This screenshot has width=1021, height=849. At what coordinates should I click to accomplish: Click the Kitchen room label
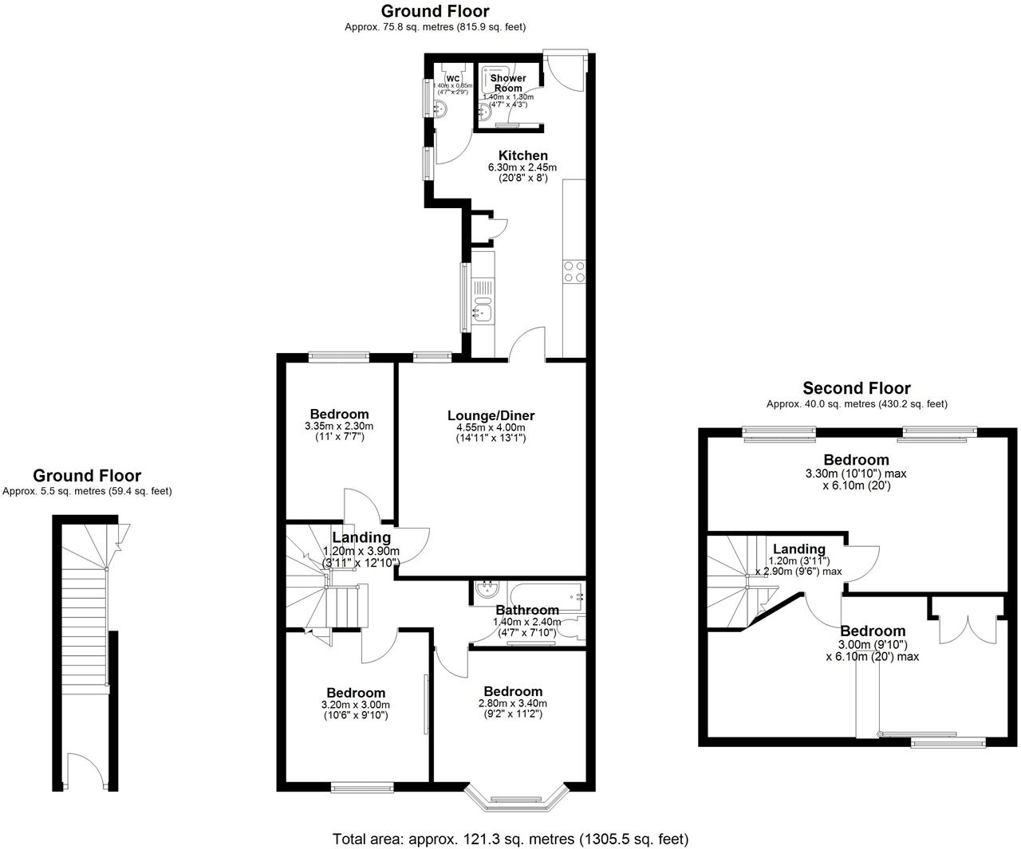coord(522,155)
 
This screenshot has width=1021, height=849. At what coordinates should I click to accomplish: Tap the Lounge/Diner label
coord(491,415)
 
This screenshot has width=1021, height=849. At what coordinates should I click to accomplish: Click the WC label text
coord(453,78)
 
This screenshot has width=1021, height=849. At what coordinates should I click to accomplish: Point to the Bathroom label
coord(527,610)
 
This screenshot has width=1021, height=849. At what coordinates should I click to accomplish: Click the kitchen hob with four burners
coord(574,272)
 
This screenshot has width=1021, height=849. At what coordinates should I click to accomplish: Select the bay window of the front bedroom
coord(516,799)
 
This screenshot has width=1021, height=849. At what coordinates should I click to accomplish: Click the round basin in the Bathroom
coord(485,590)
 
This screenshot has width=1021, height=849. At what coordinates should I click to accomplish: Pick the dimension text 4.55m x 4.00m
coord(491,427)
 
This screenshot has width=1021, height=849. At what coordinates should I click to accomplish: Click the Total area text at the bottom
coord(510,839)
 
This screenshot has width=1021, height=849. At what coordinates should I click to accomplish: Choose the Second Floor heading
coord(856,388)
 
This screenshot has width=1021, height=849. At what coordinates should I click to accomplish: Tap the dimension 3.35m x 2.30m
coord(339,426)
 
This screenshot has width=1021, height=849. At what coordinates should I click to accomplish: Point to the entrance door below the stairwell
coord(86,772)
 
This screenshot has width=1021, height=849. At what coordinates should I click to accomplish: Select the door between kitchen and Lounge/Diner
coord(527,344)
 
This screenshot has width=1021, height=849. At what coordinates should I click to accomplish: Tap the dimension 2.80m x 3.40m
coord(512,703)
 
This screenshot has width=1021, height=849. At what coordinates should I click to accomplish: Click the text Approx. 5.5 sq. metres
coord(87,492)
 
